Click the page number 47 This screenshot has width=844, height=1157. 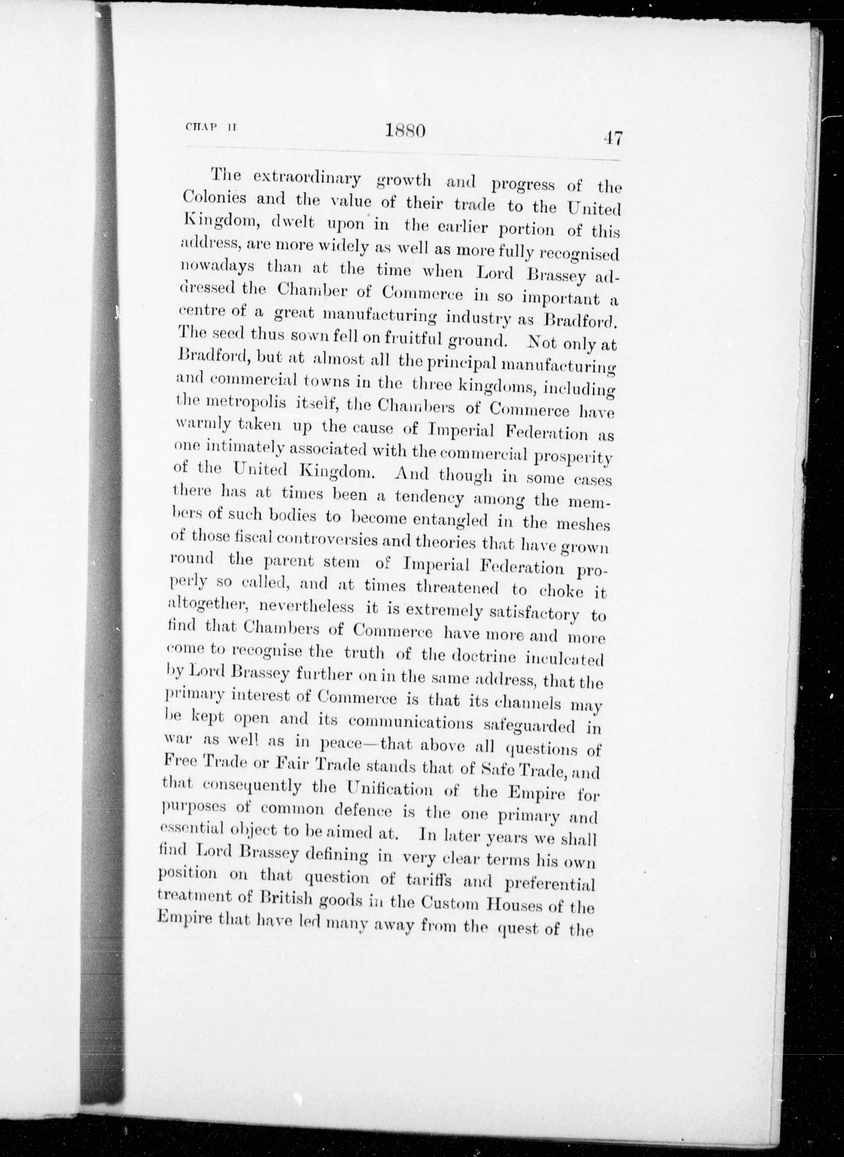pos(612,139)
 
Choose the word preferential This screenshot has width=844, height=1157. pos(543,884)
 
